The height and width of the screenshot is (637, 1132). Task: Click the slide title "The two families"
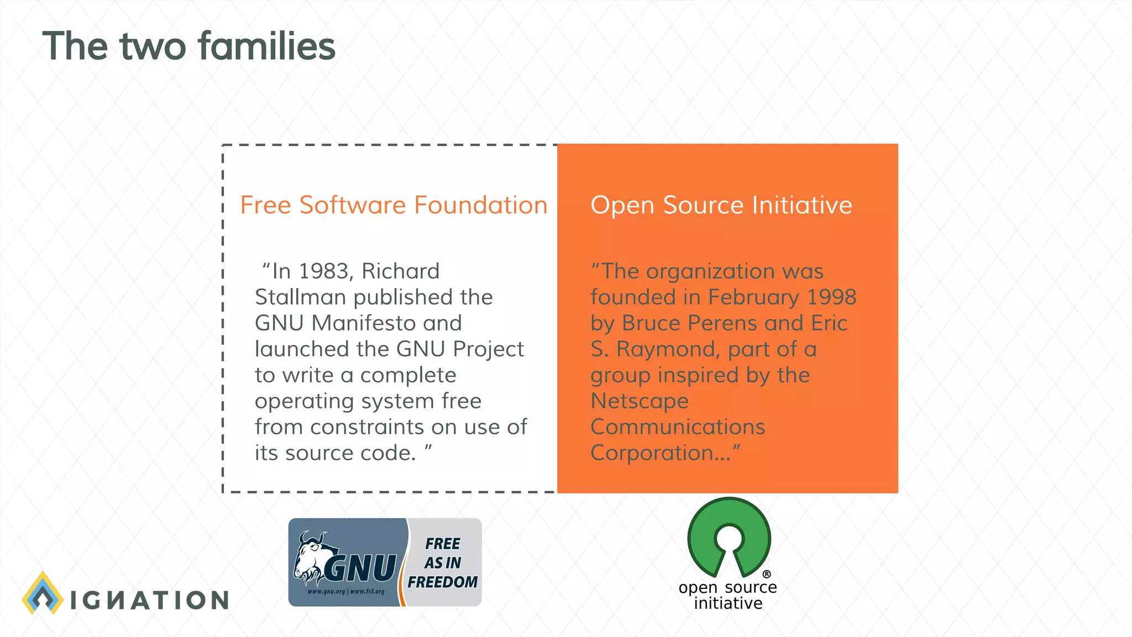[188, 46]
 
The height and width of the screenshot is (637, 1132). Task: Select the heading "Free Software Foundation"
[394, 205]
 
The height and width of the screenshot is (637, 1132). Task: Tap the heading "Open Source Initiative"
[721, 205]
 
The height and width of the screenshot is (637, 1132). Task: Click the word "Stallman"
[301, 297]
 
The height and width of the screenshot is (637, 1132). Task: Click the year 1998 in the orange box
[832, 297]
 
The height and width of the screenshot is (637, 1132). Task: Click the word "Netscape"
[640, 401]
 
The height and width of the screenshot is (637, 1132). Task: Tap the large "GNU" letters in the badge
[360, 568]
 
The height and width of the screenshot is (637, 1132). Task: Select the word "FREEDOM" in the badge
[443, 582]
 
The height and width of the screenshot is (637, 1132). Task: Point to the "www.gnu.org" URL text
[326, 592]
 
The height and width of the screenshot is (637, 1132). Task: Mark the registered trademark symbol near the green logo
[767, 575]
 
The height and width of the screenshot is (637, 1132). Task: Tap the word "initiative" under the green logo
[728, 603]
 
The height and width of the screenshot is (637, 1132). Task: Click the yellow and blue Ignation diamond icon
[42, 593]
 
